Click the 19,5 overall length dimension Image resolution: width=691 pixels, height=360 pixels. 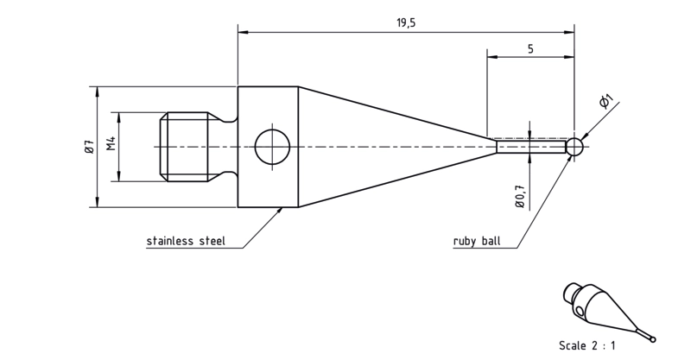point(406,23)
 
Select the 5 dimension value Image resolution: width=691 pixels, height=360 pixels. point(530,49)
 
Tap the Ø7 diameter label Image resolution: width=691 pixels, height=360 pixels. point(89,147)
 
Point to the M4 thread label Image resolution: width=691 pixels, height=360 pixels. point(111,143)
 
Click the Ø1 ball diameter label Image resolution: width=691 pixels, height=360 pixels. point(607,102)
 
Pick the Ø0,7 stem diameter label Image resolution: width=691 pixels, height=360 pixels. point(520,195)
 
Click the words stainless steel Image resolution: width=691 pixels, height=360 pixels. point(186,241)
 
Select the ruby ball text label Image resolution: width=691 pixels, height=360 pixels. point(477,241)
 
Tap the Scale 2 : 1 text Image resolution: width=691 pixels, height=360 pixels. point(586,345)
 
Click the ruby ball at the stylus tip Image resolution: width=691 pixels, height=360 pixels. point(574,147)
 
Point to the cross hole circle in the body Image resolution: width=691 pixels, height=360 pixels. point(272,147)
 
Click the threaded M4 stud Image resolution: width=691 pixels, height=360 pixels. point(185,147)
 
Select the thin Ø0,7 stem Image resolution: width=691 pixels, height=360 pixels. point(531,146)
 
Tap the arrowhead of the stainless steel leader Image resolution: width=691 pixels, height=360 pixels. point(279,210)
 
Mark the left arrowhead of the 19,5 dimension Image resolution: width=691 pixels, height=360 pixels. point(243,32)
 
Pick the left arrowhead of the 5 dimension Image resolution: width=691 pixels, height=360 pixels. point(491,57)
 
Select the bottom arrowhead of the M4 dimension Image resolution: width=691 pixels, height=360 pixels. point(119,177)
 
